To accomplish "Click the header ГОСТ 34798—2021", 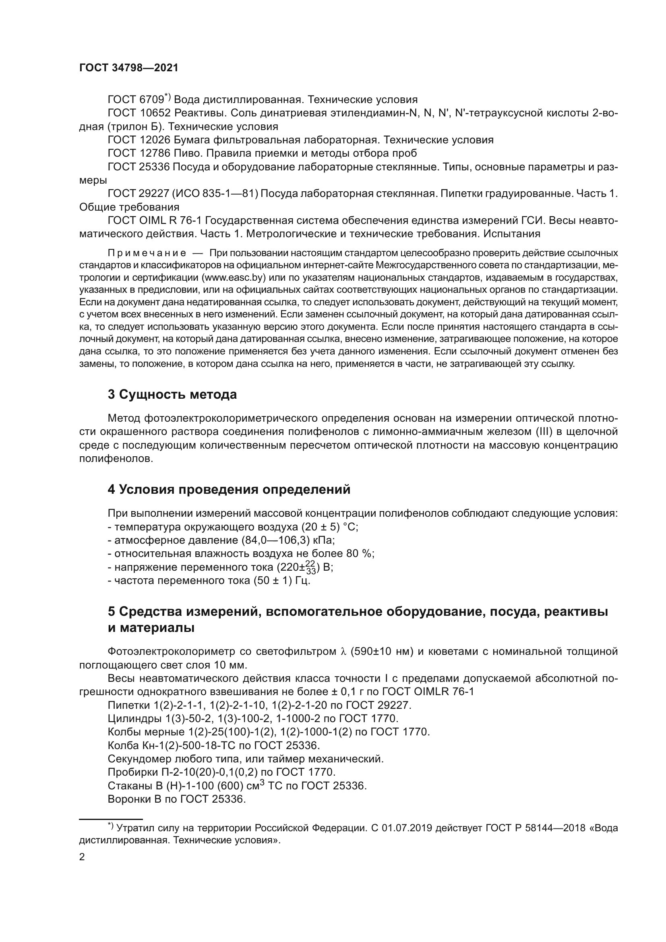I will tap(129, 68).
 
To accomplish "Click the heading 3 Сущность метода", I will tap(172, 395).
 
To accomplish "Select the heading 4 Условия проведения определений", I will tap(229, 489).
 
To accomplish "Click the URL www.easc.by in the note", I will tap(234, 278).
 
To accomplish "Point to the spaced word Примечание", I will tap(147, 253).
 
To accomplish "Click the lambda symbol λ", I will tap(343, 652).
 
